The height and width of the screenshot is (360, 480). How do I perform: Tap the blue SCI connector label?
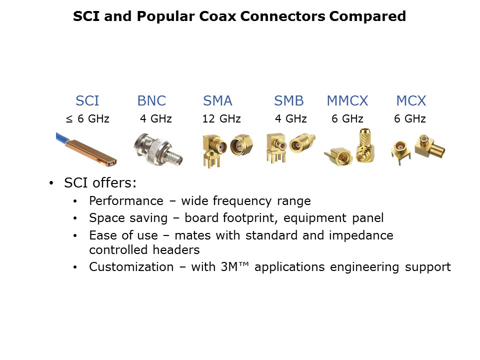pos(87,100)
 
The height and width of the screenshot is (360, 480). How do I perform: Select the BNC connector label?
pos(151,100)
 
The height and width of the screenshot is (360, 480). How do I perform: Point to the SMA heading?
pos(217,100)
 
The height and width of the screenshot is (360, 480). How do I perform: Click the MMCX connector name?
pos(347,100)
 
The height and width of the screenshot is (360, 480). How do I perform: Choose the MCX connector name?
pos(411,100)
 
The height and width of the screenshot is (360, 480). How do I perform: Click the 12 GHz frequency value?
pos(221,118)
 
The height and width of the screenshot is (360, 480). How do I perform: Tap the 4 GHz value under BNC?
pos(156,118)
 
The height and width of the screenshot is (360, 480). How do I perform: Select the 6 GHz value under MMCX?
pos(347,118)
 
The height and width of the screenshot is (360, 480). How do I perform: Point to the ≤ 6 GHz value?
pos(87,118)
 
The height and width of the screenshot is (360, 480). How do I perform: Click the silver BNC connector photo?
pos(158,149)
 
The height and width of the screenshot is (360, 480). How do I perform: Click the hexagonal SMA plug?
pos(241,145)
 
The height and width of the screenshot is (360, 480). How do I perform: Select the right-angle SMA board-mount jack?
pos(213,150)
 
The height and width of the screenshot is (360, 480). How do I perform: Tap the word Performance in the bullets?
pos(126,201)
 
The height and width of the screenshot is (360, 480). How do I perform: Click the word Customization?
pos(131,267)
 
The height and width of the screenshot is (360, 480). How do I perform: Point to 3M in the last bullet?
pos(229,267)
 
